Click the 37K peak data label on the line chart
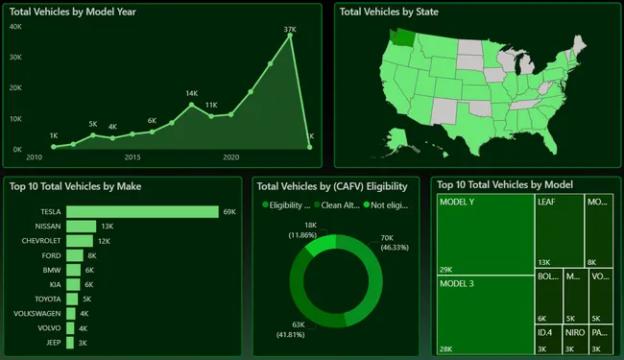click(x=289, y=30)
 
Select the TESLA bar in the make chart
click(x=142, y=211)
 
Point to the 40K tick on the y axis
click(x=15, y=27)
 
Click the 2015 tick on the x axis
click(x=132, y=156)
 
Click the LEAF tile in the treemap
click(x=559, y=230)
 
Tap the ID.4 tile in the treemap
click(x=548, y=339)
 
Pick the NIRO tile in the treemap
click(x=574, y=339)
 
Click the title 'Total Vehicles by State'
click(x=389, y=12)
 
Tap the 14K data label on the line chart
click(x=192, y=93)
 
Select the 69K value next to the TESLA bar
click(x=228, y=211)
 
